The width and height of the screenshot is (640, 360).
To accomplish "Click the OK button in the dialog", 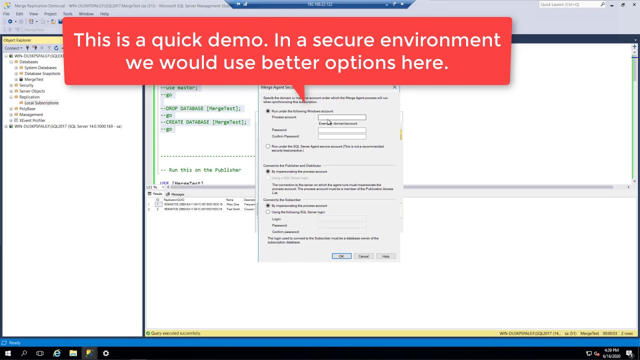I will click(341, 256).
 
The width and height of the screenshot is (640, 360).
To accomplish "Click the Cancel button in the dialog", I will click(363, 256).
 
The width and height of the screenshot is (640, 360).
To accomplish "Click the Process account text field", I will click(342, 117).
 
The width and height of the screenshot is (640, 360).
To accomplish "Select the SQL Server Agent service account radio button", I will click(268, 146).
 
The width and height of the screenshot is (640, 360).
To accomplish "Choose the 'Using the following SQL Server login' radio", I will click(268, 212).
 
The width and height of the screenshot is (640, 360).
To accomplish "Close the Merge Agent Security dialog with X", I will click(394, 87).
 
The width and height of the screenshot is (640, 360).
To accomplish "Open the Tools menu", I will click(67, 14).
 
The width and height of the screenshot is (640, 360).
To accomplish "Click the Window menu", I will click(86, 14).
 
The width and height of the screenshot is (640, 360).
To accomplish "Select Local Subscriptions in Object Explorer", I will click(41, 103).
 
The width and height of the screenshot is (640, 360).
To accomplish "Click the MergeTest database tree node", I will click(34, 79).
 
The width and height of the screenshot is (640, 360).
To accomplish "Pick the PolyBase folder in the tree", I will click(27, 108).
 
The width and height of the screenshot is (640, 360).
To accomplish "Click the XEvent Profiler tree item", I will click(32, 120).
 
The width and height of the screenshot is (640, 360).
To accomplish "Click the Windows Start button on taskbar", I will click(7, 353).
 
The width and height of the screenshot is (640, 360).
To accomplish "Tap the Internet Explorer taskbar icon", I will click(57, 353).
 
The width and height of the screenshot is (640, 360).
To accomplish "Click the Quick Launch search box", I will click(570, 4).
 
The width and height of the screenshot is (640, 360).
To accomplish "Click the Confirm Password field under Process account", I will click(342, 136).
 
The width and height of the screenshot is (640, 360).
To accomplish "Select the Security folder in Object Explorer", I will click(26, 85).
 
